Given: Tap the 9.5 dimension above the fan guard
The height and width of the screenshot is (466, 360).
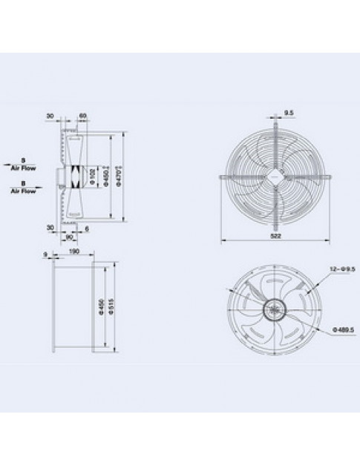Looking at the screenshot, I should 288,114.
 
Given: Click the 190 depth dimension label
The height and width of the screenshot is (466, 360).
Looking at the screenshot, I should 73,252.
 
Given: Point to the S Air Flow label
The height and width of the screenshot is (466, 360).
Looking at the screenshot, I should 23,163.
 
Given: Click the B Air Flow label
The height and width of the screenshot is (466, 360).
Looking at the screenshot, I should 23,186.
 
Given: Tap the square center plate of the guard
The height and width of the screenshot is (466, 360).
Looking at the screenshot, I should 277,175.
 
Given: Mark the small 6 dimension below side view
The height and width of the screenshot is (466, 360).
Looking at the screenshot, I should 86,228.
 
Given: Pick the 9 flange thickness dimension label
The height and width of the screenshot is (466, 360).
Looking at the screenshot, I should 46,254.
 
